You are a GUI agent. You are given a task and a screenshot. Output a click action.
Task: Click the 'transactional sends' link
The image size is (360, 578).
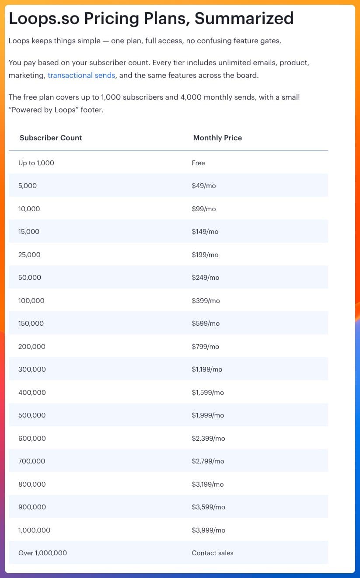(81, 75)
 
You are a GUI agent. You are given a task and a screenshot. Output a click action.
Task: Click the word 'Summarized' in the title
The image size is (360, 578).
(244, 18)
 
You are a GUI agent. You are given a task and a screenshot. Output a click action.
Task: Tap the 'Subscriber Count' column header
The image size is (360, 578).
(51, 138)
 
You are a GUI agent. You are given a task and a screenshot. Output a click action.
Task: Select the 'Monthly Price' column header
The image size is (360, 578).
(217, 138)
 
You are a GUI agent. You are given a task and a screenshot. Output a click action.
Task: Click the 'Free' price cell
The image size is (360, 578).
(198, 163)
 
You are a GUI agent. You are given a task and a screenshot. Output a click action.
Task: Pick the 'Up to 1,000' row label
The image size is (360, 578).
(36, 163)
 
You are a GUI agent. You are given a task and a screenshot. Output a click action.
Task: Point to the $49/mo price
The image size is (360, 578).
(204, 186)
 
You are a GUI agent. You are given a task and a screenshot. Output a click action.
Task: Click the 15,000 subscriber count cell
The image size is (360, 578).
(29, 232)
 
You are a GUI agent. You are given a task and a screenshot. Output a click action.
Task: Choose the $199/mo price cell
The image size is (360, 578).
(205, 255)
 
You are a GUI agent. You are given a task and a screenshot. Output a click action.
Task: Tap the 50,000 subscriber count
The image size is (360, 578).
(30, 278)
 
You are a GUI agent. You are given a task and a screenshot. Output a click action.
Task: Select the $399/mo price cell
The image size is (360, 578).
(206, 301)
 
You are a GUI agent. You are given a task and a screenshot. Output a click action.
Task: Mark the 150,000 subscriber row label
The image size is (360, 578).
(31, 324)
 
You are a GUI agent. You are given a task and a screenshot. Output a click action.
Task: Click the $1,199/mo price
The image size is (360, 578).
(207, 369)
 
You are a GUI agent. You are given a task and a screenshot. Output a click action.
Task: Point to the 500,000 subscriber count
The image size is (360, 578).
(32, 415)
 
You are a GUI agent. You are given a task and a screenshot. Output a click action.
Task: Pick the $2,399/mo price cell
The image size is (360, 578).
(208, 439)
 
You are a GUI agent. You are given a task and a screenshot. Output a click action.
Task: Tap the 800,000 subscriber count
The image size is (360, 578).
(32, 484)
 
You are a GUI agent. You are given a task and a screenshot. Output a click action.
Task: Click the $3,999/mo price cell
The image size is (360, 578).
(209, 530)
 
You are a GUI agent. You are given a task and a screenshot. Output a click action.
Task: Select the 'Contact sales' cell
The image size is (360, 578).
(213, 553)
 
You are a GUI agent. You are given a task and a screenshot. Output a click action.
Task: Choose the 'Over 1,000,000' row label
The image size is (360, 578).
(42, 553)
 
